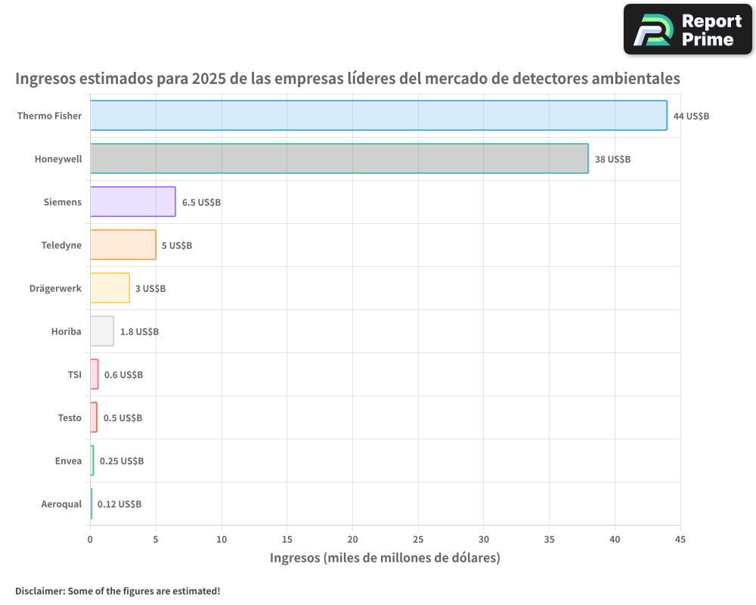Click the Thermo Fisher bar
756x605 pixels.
[x=378, y=116]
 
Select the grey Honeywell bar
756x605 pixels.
[x=339, y=159]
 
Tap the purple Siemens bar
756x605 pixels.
[x=132, y=202]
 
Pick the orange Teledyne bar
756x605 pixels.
[x=122, y=245]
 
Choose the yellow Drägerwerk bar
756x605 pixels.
[x=110, y=288]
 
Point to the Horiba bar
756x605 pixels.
[x=102, y=331]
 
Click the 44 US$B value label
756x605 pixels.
[x=691, y=116]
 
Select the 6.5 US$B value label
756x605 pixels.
[x=201, y=203]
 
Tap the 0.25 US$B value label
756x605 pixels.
[x=122, y=461]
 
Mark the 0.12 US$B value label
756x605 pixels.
[x=119, y=504]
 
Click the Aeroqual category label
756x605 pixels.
[x=61, y=504]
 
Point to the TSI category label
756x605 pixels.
[x=74, y=374]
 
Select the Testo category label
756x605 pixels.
[x=70, y=417]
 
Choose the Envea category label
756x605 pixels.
[x=68, y=461]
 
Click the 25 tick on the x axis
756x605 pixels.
[x=418, y=539]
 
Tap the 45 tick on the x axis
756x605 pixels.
[x=680, y=539]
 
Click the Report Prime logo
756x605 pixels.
[x=687, y=29]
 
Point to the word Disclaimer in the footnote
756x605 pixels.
[x=39, y=591]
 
